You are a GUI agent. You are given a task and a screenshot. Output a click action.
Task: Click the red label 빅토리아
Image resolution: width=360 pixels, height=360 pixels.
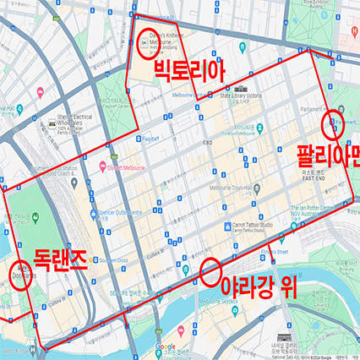point(189,74)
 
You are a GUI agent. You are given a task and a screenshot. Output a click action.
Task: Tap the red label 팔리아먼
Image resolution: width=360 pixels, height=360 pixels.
point(328,155)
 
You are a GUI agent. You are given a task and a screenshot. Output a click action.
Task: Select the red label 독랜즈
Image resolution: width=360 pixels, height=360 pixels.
point(60,259)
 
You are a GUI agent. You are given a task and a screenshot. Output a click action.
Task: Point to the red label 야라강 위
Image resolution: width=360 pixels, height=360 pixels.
point(260,285)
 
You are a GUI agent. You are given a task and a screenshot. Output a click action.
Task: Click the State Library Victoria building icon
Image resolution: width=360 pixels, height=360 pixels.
point(241,88)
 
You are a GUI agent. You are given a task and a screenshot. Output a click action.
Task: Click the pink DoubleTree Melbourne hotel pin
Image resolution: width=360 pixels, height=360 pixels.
point(102,164)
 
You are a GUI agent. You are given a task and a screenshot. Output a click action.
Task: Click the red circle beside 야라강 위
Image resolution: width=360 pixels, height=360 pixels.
point(208,272)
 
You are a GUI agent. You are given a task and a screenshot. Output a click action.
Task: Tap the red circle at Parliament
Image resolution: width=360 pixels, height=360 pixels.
point(334,124)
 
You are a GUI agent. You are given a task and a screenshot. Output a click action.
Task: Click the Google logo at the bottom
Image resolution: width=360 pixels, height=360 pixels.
point(166,347)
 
